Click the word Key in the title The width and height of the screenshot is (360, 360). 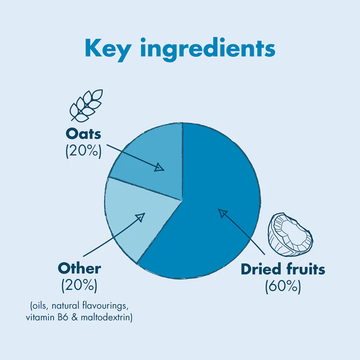tap(108, 49)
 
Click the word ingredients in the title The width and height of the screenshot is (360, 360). tap(208, 49)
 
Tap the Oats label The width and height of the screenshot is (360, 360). tap(83, 134)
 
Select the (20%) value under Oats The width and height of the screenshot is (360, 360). tap(83, 151)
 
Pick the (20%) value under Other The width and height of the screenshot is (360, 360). tap(80, 285)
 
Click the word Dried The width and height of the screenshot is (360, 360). tap(261, 269)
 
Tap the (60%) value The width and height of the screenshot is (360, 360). tap(283, 286)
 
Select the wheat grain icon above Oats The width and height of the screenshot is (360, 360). tap(86, 106)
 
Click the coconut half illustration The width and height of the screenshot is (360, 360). tap(290, 234)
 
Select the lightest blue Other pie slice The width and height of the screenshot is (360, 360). tap(133, 218)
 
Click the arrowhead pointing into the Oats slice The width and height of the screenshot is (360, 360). tap(159, 167)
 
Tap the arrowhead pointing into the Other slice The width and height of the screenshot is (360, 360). tap(140, 217)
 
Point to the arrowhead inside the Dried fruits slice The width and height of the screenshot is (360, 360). tap(222, 213)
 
